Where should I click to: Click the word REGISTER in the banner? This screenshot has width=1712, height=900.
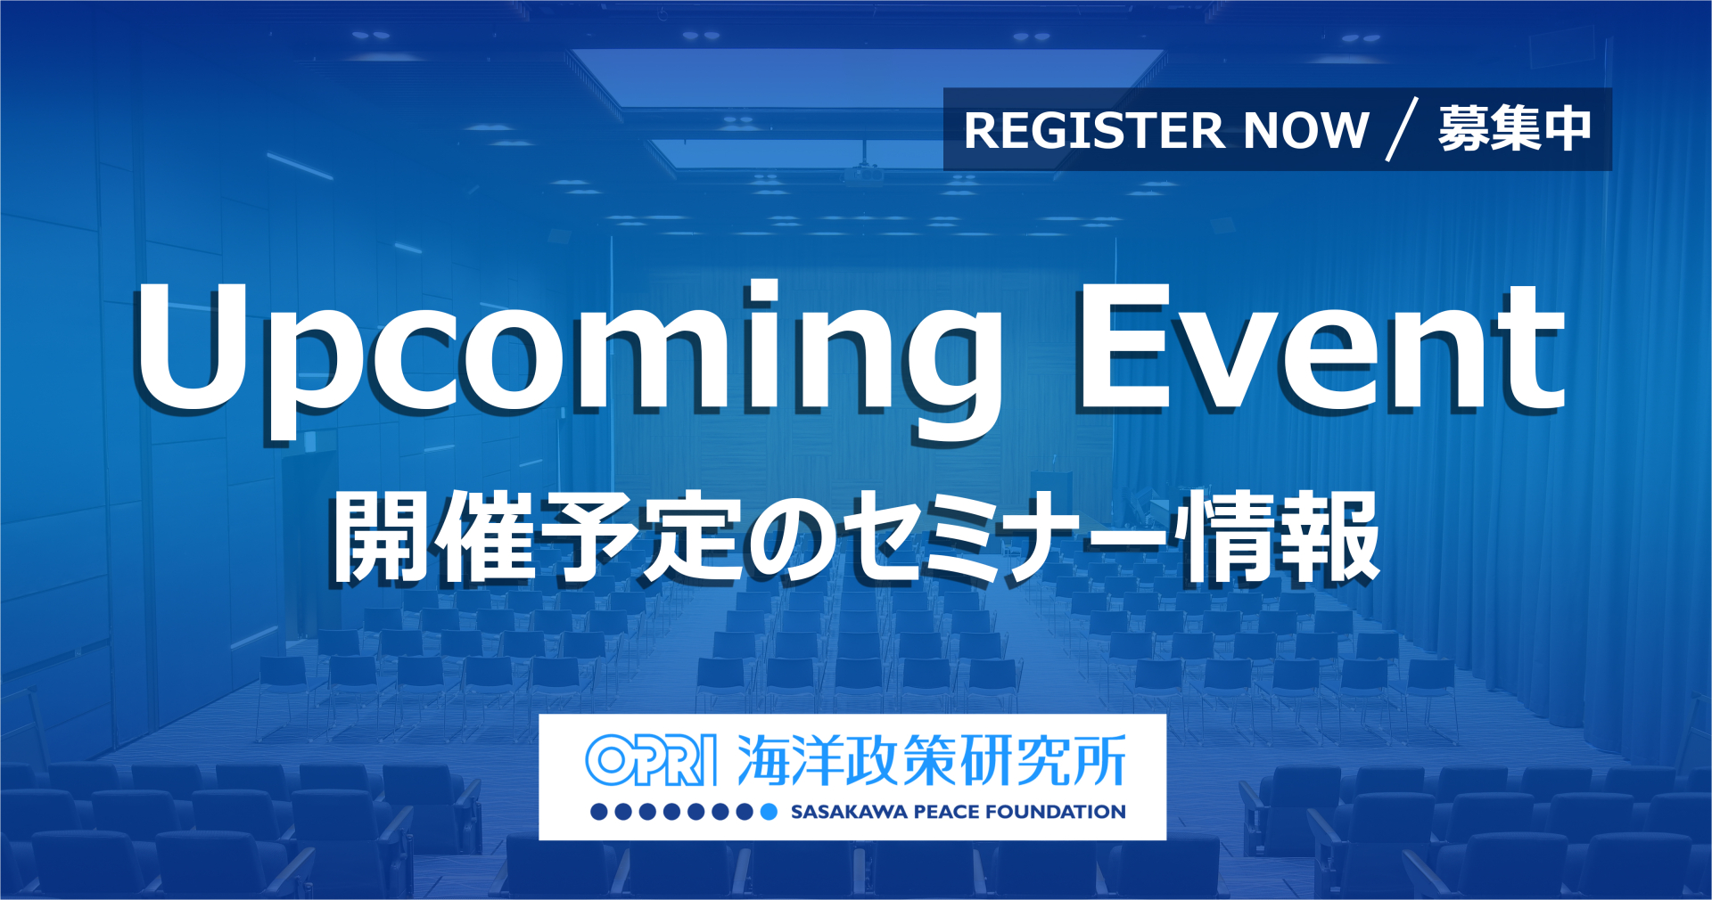[1095, 130]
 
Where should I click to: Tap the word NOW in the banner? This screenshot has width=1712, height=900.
[1306, 130]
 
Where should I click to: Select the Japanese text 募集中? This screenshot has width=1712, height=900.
[1515, 129]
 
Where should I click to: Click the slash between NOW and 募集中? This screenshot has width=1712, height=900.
[1403, 130]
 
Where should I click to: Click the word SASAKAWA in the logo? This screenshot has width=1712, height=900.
[848, 812]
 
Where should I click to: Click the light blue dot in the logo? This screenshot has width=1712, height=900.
[769, 812]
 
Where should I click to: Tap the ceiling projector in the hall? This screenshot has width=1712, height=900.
[864, 173]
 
